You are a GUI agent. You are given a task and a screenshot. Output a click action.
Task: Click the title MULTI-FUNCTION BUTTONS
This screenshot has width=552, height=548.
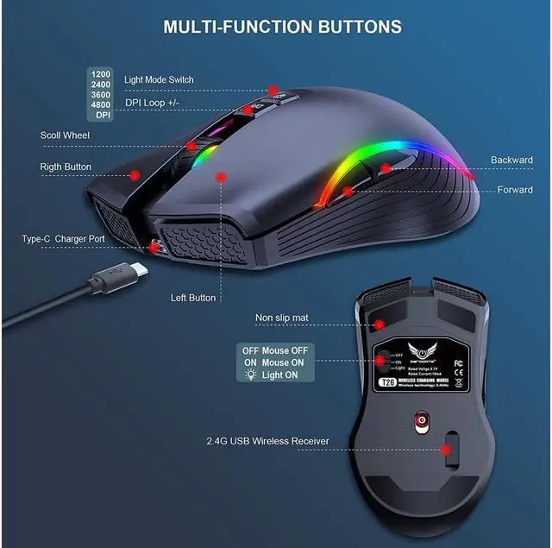[282, 27]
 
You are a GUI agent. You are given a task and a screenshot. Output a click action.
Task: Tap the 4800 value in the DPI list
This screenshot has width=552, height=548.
[102, 104]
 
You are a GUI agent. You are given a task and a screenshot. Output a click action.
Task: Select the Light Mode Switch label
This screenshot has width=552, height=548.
[159, 79]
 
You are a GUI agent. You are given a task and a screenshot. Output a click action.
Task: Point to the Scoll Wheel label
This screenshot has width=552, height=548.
[65, 135]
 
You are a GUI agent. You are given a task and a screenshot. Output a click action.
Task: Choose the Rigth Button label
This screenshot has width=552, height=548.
[66, 167]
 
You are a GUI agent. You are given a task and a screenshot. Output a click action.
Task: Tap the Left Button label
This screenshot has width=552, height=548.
[193, 298]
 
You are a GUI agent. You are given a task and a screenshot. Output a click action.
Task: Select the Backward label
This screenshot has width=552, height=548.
[511, 160]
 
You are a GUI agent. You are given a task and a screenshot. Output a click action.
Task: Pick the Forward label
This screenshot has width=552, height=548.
[515, 190]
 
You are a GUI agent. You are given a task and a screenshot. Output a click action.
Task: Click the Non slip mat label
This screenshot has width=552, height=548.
[281, 318]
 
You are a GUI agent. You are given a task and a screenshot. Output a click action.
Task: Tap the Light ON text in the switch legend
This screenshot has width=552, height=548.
[280, 375]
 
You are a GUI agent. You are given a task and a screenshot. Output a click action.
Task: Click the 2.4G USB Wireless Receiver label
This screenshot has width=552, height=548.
[267, 441]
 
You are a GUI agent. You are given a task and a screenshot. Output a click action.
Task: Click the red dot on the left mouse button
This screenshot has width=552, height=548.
[221, 177]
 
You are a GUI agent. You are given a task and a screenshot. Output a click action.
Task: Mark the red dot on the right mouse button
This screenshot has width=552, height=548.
[135, 174]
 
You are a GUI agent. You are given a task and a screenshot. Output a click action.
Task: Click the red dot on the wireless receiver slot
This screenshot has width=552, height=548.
[447, 449]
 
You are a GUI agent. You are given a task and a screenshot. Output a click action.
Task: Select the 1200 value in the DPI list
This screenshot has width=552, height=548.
[102, 74]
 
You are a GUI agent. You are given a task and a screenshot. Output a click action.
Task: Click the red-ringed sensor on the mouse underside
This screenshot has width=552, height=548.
[422, 422]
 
